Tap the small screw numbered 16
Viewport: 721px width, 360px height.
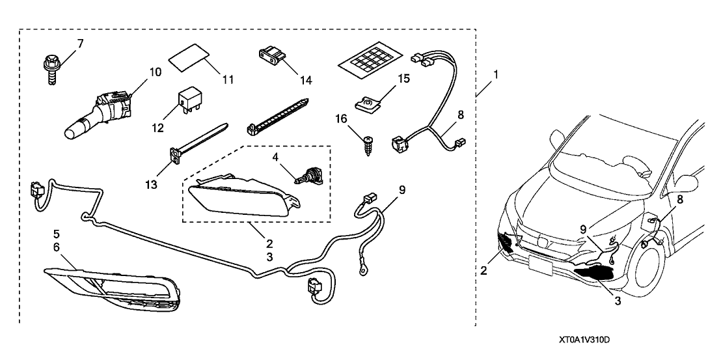point(369,141)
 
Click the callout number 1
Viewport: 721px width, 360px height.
point(496,76)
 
